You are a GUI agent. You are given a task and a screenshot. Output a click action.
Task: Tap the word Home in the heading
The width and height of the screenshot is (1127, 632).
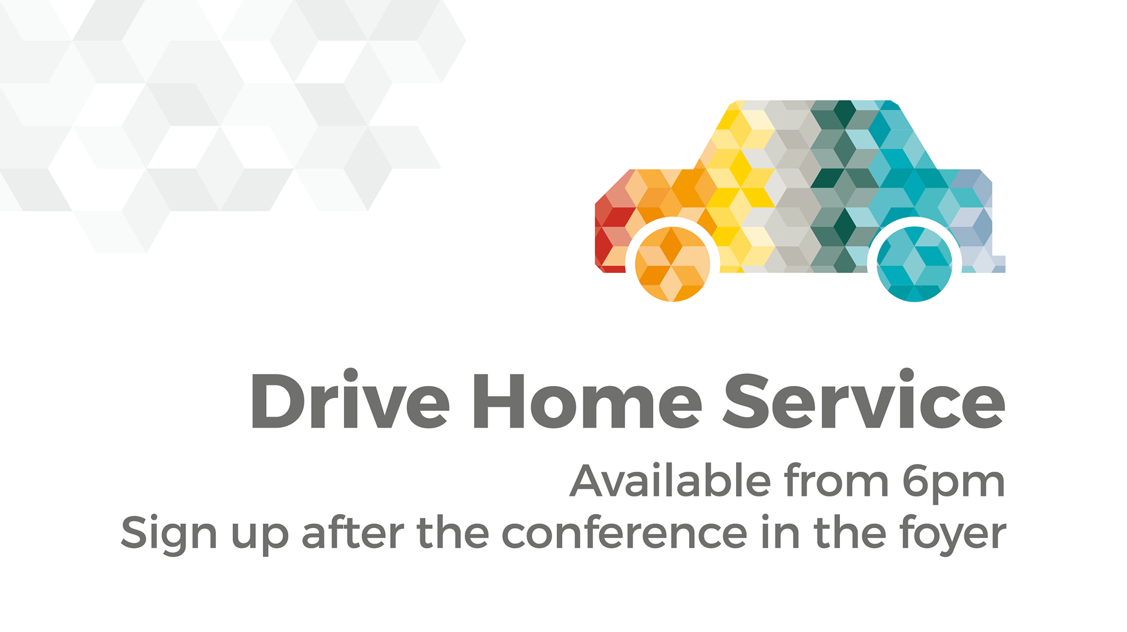coord(588,401)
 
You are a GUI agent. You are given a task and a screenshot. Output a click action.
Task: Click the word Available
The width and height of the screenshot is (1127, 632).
coord(670,481)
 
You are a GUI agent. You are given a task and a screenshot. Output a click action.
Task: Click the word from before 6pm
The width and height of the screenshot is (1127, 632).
coord(836,481)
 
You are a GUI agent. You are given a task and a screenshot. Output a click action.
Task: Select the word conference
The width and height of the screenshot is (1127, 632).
coord(625,533)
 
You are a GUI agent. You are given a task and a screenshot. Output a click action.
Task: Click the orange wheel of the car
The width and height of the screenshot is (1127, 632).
coord(673,264)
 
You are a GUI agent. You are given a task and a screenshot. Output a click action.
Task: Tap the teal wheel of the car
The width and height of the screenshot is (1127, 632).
coord(915,264)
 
